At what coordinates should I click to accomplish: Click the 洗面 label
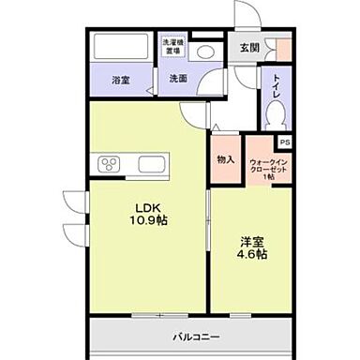point(178,81)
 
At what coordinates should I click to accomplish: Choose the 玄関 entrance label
point(249,47)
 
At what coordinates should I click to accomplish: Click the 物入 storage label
point(225,159)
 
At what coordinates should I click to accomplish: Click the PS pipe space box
point(284,142)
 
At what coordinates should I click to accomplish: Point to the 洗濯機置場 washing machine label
point(173,45)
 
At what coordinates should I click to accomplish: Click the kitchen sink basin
point(153,165)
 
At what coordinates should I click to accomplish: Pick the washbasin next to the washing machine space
point(208,51)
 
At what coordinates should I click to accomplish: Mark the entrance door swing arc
point(246,17)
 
